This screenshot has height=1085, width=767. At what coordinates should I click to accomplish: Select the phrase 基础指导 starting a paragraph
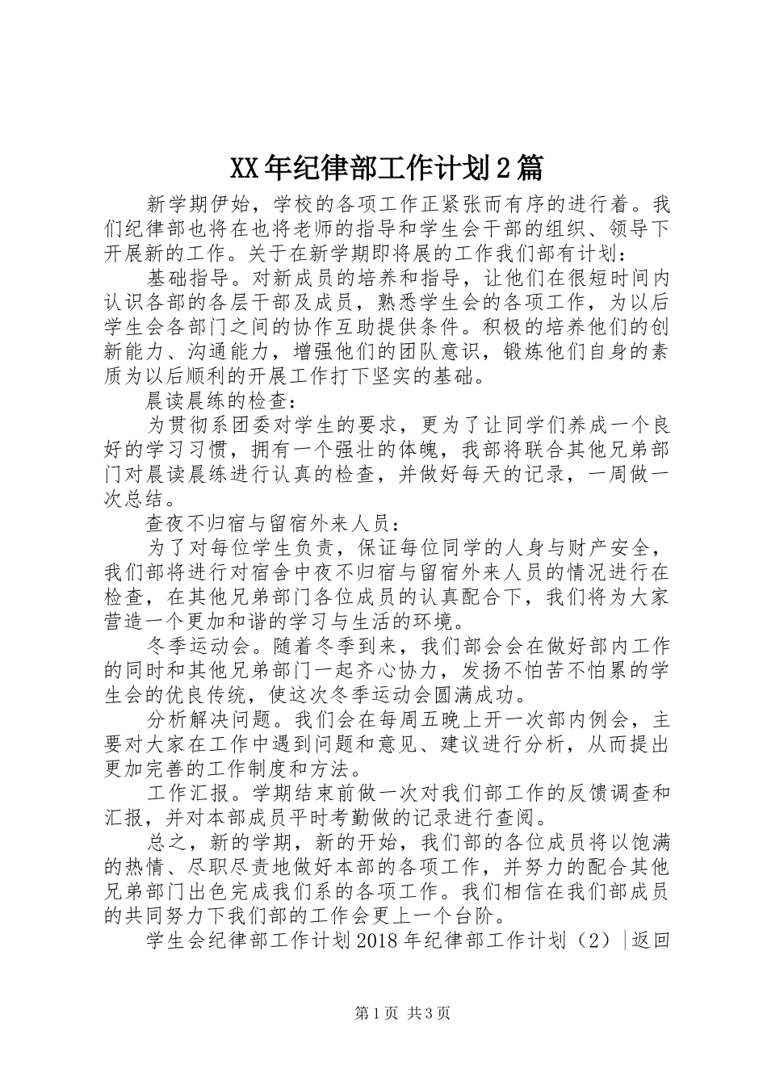pyautogui.click(x=187, y=279)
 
